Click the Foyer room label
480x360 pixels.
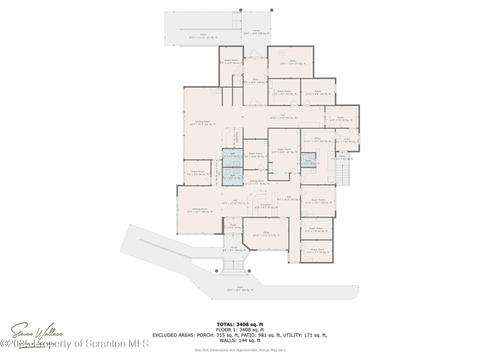[233, 226]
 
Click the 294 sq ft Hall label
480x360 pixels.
[283, 117]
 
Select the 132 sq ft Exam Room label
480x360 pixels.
[318, 202]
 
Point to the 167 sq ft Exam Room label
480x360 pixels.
[283, 151]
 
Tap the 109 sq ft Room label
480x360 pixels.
[318, 93]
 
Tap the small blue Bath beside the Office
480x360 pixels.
[309, 159]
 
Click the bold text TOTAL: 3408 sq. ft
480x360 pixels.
[239, 324]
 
